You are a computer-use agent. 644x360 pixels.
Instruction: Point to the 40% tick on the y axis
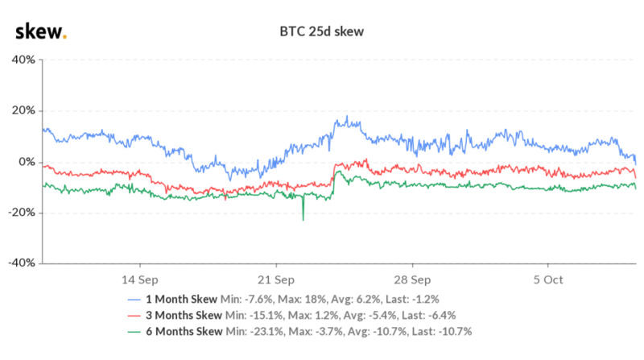coord(22,60)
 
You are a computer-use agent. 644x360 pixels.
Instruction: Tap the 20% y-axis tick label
coord(22,111)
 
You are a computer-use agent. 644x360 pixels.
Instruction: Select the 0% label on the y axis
coord(25,162)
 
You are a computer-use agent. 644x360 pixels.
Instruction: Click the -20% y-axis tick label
coord(20,213)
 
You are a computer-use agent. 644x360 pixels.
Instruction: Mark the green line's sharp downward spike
coord(303,218)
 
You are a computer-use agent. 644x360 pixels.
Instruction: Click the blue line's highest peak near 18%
coord(346,118)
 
